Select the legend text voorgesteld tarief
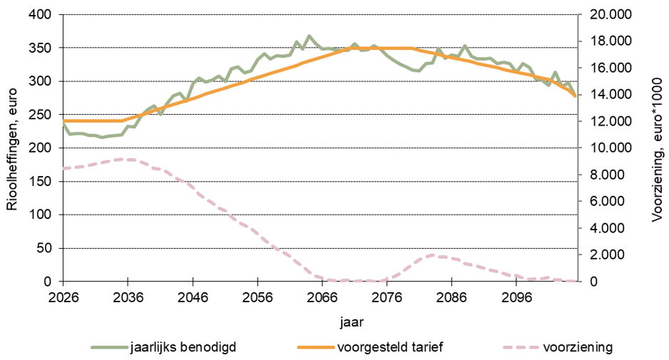379,347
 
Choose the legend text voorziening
578,347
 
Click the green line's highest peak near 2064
309,36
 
